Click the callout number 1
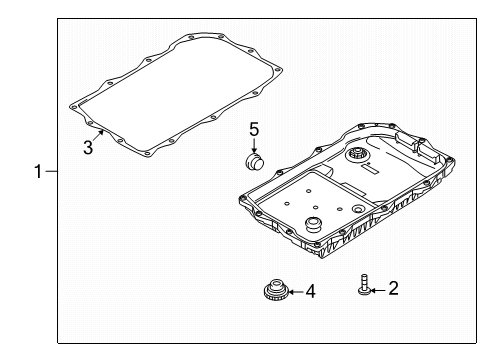[37, 172]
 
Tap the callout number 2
[393, 289]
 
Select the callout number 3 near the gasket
[88, 147]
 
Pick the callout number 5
[254, 129]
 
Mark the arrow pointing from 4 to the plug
[293, 292]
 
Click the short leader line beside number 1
[51, 172]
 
